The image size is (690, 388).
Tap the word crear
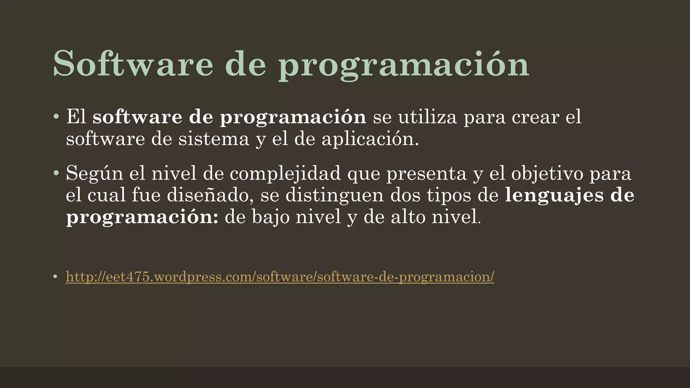click(535, 117)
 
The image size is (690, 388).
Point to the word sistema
click(214, 139)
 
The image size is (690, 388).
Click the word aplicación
click(370, 139)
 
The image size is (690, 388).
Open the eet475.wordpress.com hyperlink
click(280, 277)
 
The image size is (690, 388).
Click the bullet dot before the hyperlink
click(55, 277)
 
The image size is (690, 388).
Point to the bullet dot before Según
click(56, 174)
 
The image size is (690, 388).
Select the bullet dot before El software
click(56, 117)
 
